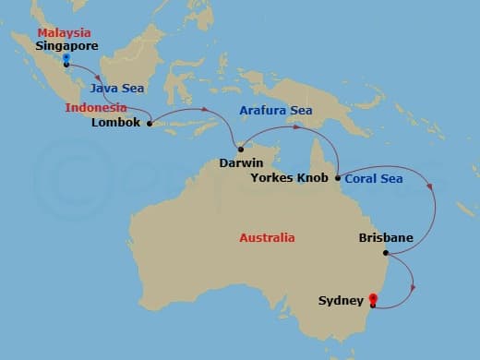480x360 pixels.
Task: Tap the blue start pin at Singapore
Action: [66, 59]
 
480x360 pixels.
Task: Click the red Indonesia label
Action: [95, 108]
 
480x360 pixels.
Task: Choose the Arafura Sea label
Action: [276, 111]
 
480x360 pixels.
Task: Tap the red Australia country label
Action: [267, 237]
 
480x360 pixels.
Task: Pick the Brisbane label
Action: [385, 238]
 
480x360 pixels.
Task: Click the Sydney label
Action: [340, 300]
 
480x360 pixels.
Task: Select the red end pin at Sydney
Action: [372, 299]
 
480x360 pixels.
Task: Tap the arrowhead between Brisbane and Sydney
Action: [411, 287]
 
